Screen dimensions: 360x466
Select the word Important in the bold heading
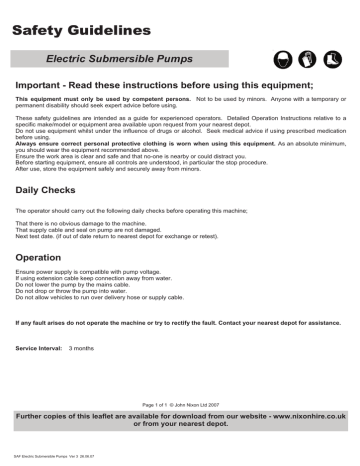[x=47, y=87]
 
